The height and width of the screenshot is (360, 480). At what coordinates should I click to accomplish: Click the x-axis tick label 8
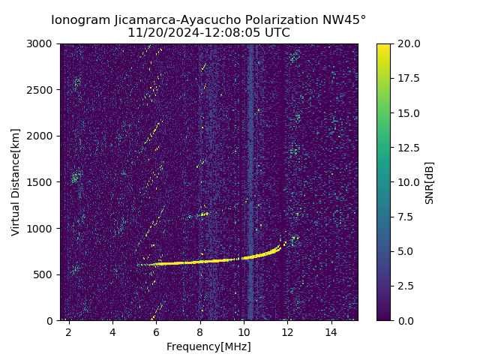tap(200, 332)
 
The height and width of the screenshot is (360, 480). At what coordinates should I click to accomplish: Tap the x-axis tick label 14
tap(331, 332)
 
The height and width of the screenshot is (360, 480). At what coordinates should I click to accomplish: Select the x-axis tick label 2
tap(69, 332)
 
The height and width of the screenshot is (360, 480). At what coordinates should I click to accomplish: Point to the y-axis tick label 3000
tap(41, 44)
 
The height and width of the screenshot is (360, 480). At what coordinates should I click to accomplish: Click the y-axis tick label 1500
tap(41, 182)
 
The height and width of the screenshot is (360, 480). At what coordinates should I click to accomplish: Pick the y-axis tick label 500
tap(44, 274)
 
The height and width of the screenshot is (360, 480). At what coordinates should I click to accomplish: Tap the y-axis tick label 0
tap(51, 321)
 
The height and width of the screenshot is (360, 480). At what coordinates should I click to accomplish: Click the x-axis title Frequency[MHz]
tap(208, 346)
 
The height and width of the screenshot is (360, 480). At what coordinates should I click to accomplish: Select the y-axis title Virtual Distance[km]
tap(16, 182)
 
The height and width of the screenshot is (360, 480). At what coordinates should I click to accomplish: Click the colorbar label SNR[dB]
tap(429, 182)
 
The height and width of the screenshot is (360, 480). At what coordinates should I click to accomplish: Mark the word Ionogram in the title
tap(78, 20)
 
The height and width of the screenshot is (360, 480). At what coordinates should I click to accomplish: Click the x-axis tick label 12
tap(287, 332)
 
